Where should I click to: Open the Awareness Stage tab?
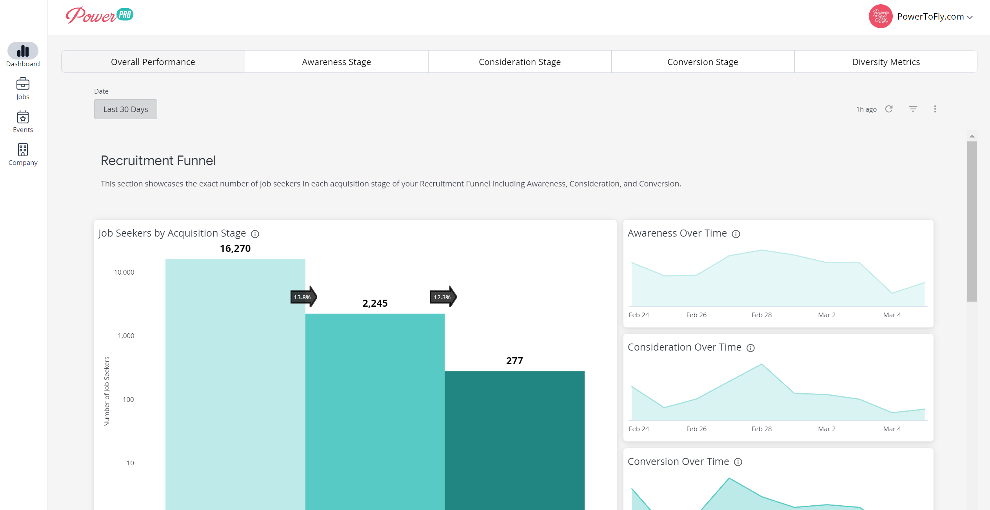pyautogui.click(x=336, y=62)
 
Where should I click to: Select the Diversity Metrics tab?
pyautogui.click(x=886, y=62)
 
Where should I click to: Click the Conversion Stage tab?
pyautogui.click(x=703, y=62)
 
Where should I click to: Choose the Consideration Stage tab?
pyautogui.click(x=520, y=62)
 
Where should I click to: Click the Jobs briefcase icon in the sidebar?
pyautogui.click(x=23, y=83)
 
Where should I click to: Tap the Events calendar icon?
pyautogui.click(x=23, y=117)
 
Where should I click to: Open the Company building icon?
pyautogui.click(x=23, y=150)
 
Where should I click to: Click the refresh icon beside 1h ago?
pyautogui.click(x=889, y=109)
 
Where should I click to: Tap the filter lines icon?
pyautogui.click(x=913, y=109)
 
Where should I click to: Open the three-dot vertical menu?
pyautogui.click(x=935, y=109)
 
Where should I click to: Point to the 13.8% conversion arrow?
pyautogui.click(x=303, y=297)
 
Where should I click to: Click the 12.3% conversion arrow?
pyautogui.click(x=443, y=297)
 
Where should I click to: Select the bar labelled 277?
pyautogui.click(x=514, y=440)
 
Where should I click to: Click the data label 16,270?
pyautogui.click(x=235, y=248)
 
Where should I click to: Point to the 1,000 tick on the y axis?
pyautogui.click(x=126, y=336)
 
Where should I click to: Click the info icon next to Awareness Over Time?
pyautogui.click(x=736, y=234)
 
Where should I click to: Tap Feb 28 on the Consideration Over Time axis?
pyautogui.click(x=761, y=429)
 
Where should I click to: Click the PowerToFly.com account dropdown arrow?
pyautogui.click(x=970, y=17)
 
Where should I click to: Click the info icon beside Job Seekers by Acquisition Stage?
pyautogui.click(x=255, y=234)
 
